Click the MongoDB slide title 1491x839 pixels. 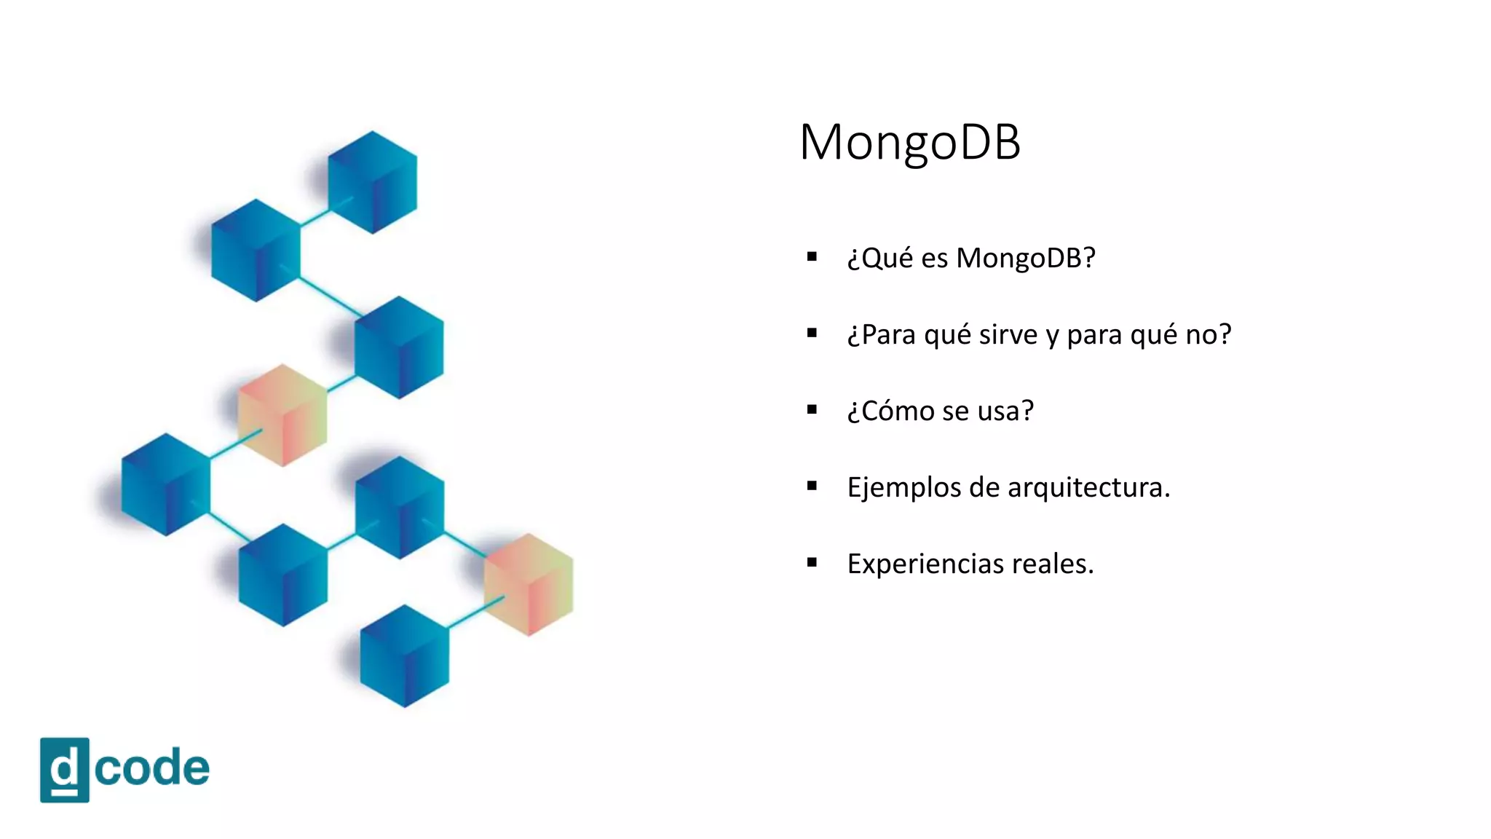(x=910, y=142)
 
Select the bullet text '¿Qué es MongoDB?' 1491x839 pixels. (x=970, y=259)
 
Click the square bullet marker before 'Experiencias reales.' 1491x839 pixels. (x=812, y=562)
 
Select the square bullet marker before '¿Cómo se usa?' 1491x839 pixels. (x=812, y=409)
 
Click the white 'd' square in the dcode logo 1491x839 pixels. (x=65, y=770)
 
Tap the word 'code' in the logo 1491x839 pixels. (x=151, y=768)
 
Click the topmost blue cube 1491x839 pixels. (x=372, y=182)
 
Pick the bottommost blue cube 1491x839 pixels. (x=404, y=655)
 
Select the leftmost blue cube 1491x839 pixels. (x=166, y=485)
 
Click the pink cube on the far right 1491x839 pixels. (x=529, y=584)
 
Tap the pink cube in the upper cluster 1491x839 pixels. (x=282, y=415)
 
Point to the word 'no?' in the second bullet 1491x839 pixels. (x=1209, y=334)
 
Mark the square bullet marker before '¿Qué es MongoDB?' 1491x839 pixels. (x=812, y=256)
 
